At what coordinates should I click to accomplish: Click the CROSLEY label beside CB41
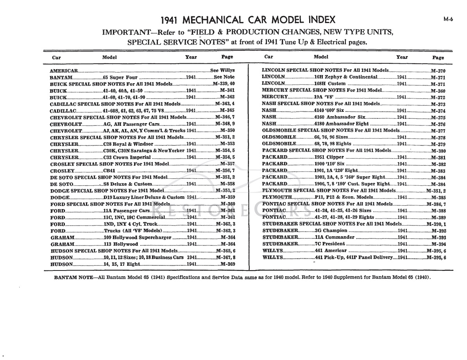pos(62,171)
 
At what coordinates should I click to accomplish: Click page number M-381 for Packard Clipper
pos(438,157)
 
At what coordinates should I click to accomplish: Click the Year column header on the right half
pos(402,57)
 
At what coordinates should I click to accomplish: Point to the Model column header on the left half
pos(109,57)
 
